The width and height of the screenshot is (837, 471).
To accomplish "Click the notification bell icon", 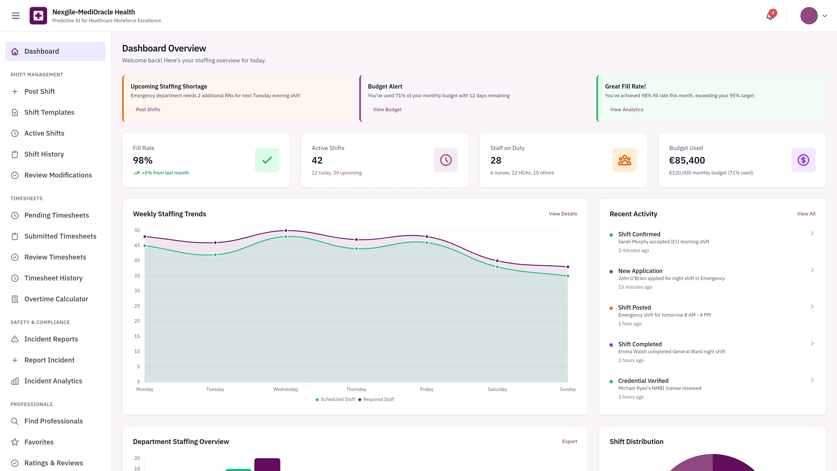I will (770, 16).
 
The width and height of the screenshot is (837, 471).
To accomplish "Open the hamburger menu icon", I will (16, 16).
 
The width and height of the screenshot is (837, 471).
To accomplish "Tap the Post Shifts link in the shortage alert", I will (148, 109).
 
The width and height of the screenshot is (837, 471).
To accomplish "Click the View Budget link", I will (387, 109).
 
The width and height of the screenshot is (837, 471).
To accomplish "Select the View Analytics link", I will (626, 109).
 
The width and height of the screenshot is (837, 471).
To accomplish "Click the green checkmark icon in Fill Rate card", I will (267, 160).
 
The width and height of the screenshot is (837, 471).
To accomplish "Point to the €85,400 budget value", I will (687, 160).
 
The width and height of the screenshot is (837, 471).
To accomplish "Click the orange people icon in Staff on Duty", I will (624, 160).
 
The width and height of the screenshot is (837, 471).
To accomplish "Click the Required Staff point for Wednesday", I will (286, 230).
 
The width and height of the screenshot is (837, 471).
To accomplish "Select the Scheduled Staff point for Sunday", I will (568, 276).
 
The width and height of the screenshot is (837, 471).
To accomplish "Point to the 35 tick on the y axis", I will (137, 276).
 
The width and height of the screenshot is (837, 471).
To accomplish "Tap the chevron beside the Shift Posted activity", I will (812, 307).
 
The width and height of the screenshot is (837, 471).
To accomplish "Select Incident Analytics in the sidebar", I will (53, 381).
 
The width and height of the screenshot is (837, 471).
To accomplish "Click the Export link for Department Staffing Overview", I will (569, 441).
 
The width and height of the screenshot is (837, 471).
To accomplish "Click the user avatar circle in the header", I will (808, 16).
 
